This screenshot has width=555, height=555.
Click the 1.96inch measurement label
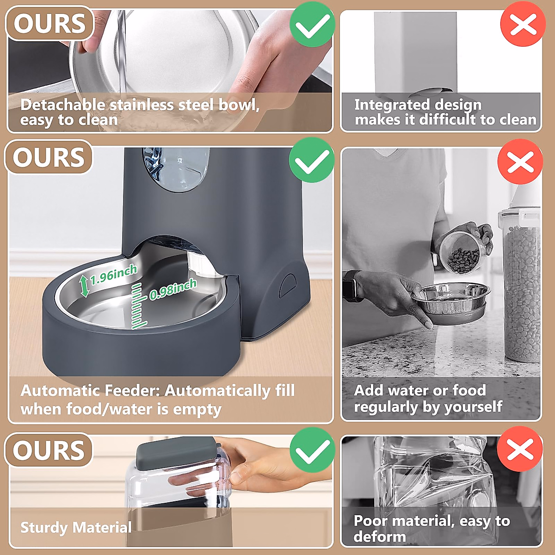pyautogui.click(x=113, y=275)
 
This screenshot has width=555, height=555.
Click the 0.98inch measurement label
pyautogui.click(x=173, y=289)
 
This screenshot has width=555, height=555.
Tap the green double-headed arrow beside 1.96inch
pyautogui.click(x=84, y=285)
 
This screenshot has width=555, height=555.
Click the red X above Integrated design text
pyautogui.click(x=523, y=24)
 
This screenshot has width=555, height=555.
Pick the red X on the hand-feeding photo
pyautogui.click(x=520, y=162)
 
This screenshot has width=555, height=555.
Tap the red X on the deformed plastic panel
pyautogui.click(x=520, y=449)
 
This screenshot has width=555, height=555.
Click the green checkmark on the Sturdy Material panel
pyautogui.click(x=312, y=450)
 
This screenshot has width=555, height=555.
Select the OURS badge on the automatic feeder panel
pyautogui.click(x=49, y=157)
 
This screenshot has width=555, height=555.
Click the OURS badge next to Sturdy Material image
pyautogui.click(x=49, y=450)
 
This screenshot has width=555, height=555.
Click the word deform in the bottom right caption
pyautogui.click(x=379, y=536)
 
